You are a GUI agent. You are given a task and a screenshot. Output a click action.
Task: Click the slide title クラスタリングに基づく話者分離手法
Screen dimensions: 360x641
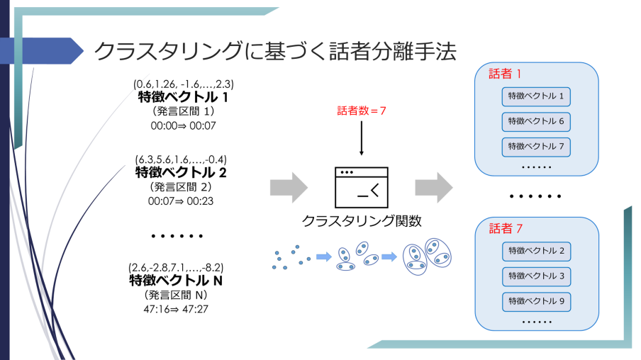tap(275, 51)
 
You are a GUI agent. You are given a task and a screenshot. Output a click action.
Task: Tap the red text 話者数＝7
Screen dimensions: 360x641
tap(362, 111)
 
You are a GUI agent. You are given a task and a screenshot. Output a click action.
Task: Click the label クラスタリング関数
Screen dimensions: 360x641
tap(362, 221)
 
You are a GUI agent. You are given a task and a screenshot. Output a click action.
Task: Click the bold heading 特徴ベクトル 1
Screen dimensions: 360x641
tap(184, 98)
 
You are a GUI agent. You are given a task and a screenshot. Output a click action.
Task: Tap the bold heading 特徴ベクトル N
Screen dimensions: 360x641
tap(177, 281)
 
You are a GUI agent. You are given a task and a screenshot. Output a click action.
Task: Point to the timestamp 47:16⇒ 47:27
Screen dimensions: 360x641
tap(177, 309)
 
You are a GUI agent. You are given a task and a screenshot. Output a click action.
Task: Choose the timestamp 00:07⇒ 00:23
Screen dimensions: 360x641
tap(181, 201)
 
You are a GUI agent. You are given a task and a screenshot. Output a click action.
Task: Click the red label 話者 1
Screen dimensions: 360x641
tap(506, 74)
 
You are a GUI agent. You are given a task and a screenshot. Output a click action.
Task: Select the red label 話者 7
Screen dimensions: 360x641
tap(506, 229)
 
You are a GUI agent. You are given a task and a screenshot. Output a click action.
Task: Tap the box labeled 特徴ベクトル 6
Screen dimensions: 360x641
tap(536, 121)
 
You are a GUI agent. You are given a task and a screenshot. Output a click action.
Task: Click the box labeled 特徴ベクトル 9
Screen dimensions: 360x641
tap(536, 300)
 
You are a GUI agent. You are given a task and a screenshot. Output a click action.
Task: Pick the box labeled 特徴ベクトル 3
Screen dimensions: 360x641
tap(536, 276)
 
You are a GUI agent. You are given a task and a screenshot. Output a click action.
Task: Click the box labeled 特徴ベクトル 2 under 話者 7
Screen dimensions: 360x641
tap(536, 251)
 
